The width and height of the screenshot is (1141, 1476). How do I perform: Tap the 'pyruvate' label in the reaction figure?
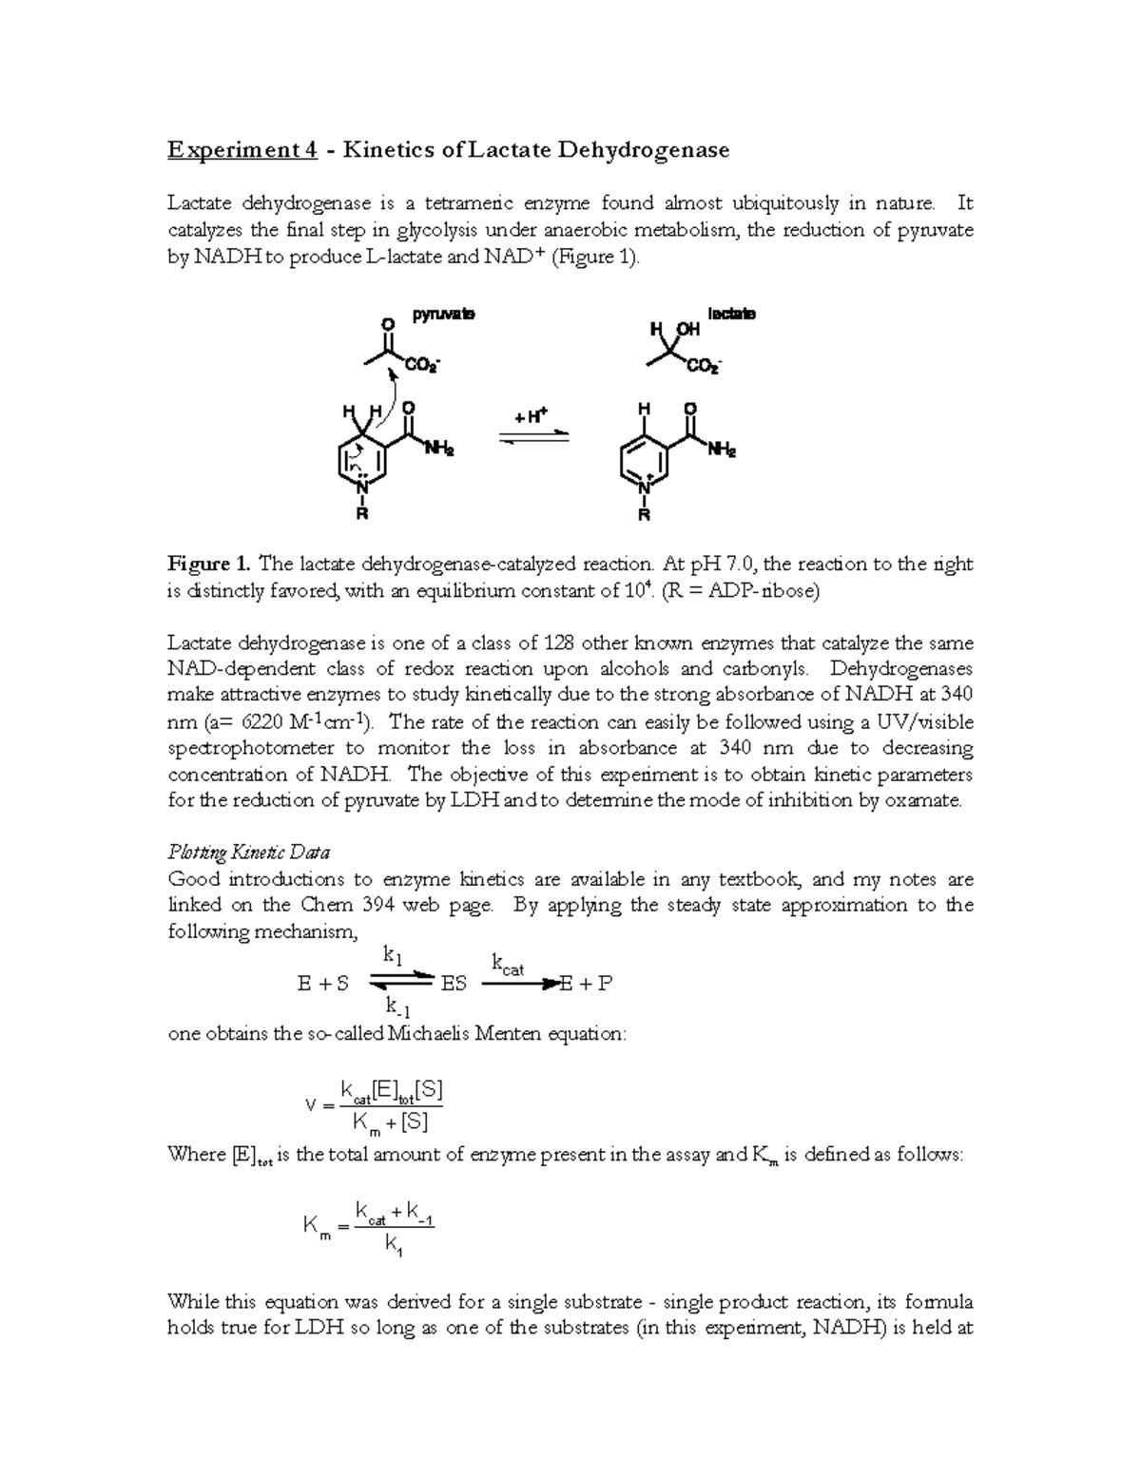[x=443, y=314]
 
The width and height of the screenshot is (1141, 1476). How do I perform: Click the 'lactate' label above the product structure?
[x=731, y=314]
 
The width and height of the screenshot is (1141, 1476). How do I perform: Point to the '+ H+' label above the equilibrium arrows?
[x=531, y=417]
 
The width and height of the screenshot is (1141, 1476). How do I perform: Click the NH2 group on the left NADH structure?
[x=439, y=450]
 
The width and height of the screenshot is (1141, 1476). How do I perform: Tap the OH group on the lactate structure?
[x=687, y=329]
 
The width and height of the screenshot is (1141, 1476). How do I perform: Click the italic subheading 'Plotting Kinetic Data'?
[x=249, y=852]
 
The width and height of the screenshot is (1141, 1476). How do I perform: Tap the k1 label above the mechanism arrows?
[x=393, y=953]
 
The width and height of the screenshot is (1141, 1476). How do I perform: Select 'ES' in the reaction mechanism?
[x=454, y=984]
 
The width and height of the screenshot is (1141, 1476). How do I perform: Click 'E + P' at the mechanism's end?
[x=586, y=984]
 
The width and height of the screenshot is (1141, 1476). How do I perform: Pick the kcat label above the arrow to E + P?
[x=508, y=966]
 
